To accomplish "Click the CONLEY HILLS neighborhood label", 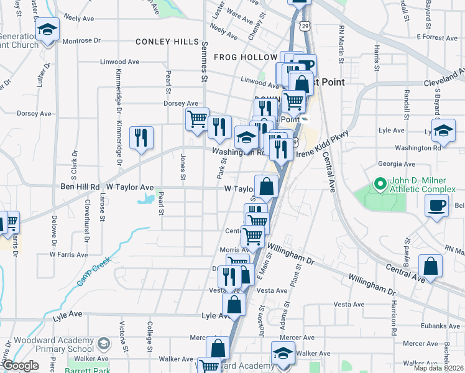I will [167, 42].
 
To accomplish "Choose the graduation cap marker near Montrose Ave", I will [47, 31].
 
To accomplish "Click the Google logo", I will [21, 366].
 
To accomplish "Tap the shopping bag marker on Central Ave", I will [430, 267].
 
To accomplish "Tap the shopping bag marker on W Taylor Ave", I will [266, 187].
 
